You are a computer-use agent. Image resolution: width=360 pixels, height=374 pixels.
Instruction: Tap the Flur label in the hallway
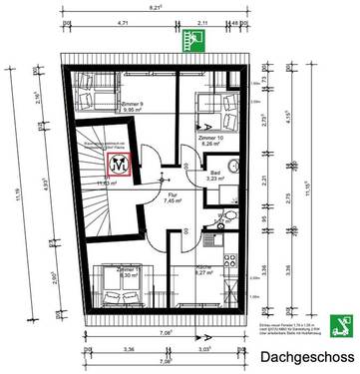145,223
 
